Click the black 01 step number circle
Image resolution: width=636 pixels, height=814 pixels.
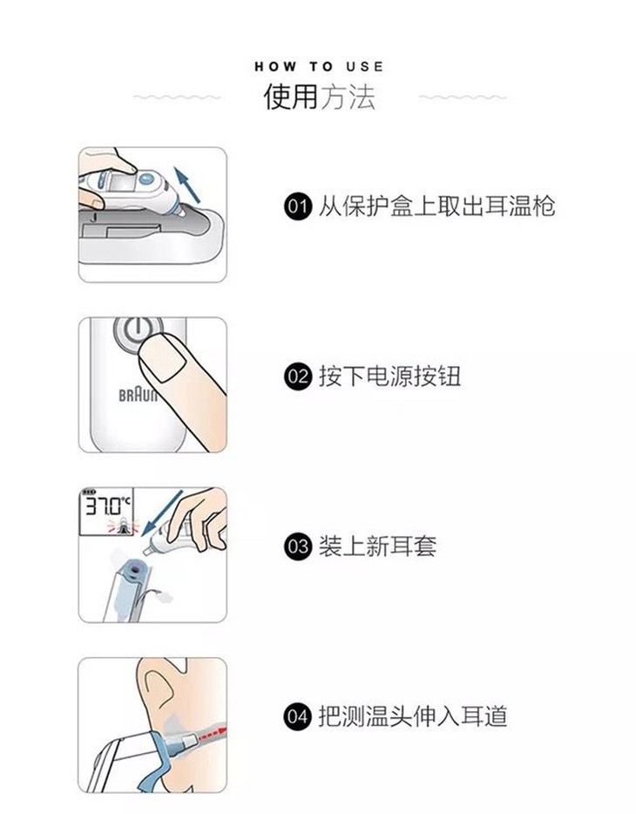298,207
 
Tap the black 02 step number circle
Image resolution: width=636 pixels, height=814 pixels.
298,376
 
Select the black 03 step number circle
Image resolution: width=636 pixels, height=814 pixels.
298,546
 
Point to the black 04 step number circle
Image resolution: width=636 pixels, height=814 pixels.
298,716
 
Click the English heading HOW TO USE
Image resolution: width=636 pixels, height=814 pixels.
319,66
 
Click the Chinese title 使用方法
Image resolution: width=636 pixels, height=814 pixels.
319,97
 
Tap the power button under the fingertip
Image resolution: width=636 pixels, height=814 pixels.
136,333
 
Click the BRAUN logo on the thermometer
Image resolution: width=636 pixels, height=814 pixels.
138,396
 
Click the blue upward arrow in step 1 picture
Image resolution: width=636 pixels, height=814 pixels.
186,184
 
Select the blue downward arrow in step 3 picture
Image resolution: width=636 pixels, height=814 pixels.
162,512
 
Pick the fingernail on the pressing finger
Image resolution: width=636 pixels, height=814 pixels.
165,357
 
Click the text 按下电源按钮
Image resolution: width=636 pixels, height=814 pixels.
389,376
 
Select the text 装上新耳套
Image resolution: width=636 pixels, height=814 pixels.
377,546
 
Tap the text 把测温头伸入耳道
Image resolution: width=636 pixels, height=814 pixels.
413,716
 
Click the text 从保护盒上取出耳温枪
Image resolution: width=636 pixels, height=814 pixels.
436,207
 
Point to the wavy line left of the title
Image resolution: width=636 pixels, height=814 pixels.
177,97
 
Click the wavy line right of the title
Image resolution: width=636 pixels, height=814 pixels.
463,97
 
